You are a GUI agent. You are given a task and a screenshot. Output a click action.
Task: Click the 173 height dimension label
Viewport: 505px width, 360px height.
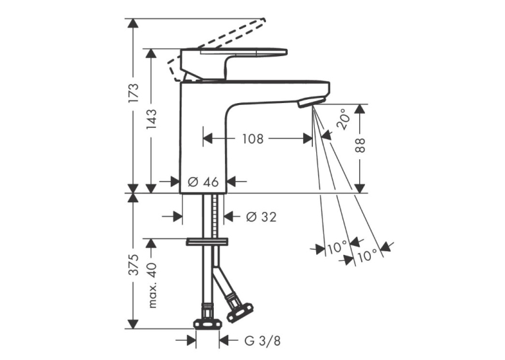(133, 93)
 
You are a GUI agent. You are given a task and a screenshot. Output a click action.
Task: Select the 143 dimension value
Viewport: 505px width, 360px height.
(151, 120)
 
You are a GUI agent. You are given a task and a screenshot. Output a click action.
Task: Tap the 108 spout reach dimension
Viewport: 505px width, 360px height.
(253, 139)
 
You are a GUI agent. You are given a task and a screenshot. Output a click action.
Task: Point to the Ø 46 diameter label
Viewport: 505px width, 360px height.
(203, 182)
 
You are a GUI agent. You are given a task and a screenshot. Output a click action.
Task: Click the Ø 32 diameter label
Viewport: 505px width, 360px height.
(261, 217)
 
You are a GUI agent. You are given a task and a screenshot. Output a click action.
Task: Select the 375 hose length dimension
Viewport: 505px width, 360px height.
(133, 265)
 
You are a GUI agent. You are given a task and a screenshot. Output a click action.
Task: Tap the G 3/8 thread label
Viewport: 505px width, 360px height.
(263, 341)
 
